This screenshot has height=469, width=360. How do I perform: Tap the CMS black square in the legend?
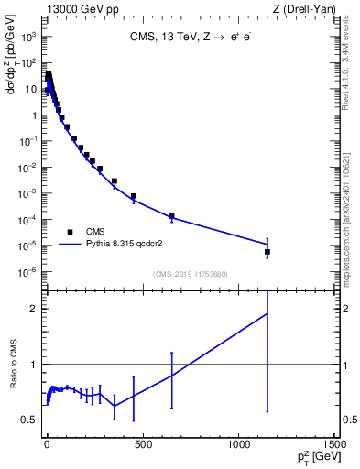point(70,232)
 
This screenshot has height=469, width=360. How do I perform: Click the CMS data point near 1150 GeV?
point(267,251)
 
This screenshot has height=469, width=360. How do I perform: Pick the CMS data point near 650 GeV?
point(171,216)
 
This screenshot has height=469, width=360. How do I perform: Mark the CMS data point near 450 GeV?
point(134,196)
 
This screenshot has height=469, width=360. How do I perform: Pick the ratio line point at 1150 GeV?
point(267,313)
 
